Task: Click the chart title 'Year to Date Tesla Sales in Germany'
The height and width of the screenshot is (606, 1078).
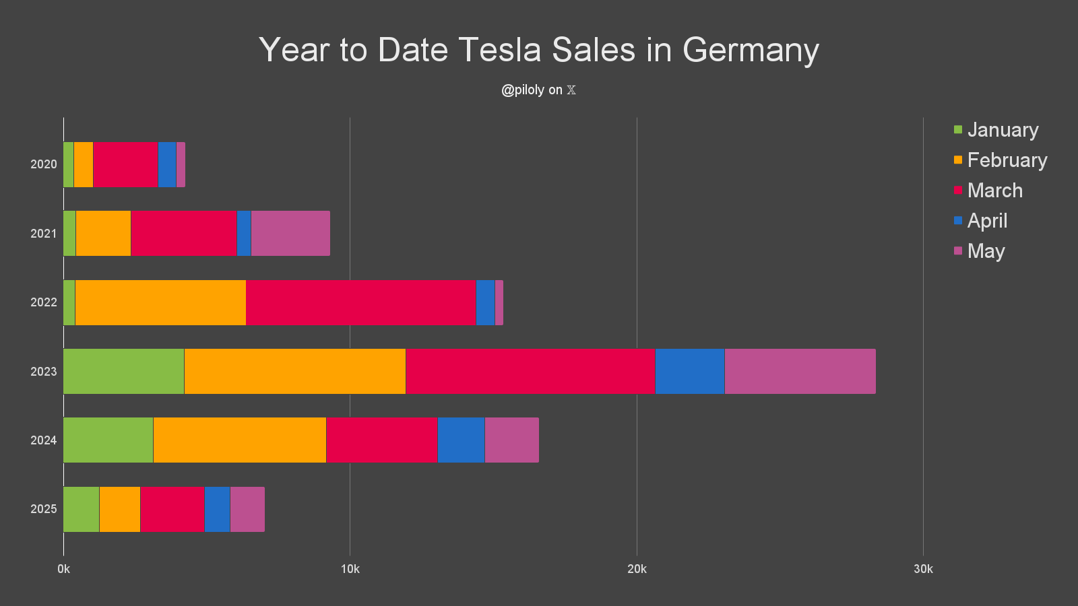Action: [539, 50]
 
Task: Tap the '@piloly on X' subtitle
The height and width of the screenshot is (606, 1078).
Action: [539, 90]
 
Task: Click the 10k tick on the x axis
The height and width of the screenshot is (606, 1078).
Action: [350, 569]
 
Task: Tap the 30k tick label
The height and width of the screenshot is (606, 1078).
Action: [923, 569]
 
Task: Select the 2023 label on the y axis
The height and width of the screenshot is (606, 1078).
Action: [44, 372]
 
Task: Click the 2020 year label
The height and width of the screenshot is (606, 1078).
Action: [44, 164]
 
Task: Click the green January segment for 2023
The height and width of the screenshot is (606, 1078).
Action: [123, 372]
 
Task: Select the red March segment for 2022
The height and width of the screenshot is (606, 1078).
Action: [360, 302]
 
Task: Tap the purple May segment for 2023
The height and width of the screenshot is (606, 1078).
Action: [800, 372]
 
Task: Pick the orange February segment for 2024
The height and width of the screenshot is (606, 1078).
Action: [239, 440]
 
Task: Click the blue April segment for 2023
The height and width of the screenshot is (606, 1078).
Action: [689, 372]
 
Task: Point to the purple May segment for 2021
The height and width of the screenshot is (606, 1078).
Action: [290, 234]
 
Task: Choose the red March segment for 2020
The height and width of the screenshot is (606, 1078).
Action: [125, 164]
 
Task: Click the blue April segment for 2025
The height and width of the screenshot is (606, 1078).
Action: [217, 509]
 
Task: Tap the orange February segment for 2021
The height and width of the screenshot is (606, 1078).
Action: [103, 234]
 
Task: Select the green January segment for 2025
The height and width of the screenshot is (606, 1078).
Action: [81, 509]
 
